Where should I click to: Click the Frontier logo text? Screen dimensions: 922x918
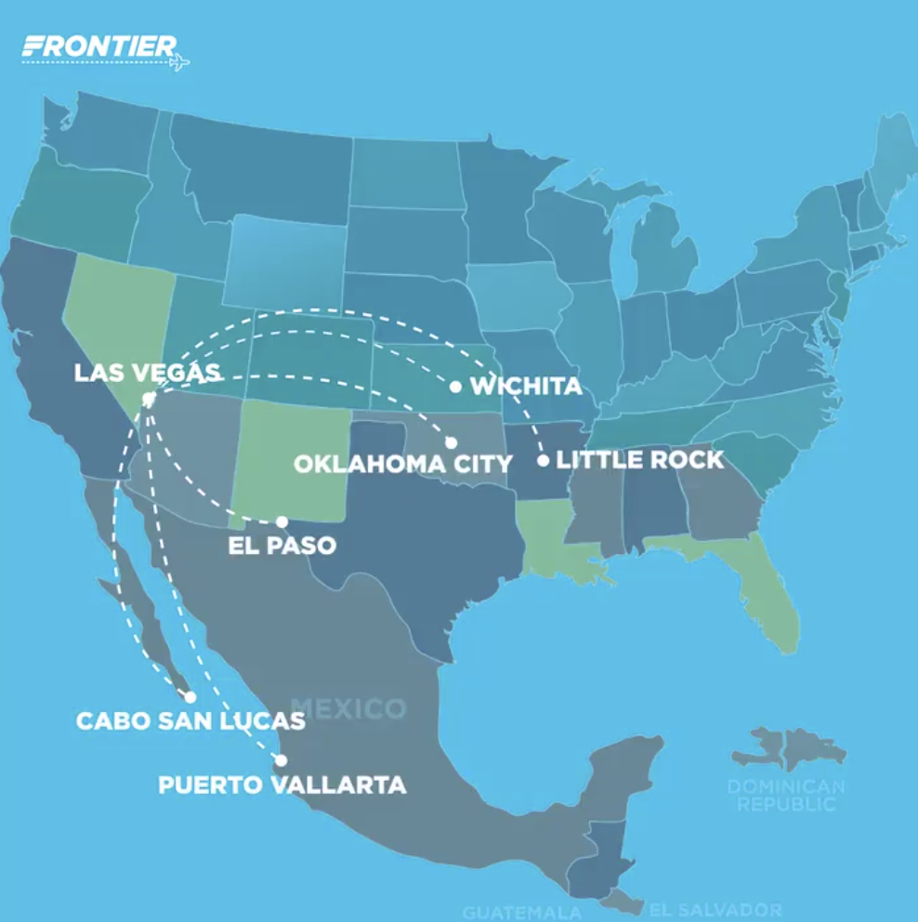pos(98,46)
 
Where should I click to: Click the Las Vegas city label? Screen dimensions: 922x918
pos(147,373)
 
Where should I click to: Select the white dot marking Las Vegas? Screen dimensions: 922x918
pos(148,400)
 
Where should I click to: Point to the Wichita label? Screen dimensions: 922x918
pos(527,386)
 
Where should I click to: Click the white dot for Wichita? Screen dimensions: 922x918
pos(455,387)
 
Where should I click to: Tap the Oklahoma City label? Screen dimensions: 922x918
pos(402,464)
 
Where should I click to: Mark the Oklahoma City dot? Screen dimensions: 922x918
pos(451,442)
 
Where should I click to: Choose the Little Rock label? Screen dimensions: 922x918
pos(639,460)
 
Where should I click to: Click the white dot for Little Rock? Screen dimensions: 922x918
pos(544,460)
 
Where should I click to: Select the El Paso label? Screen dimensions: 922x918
pos(282,545)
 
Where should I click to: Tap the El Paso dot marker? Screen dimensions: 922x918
pos(282,521)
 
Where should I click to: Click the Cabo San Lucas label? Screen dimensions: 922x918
pos(190,720)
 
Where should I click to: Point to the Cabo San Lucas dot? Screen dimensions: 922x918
pos(190,696)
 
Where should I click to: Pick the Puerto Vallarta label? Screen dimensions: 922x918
pos(282,784)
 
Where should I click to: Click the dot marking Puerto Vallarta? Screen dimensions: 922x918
pos(281,760)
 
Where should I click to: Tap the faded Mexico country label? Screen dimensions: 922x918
pos(348,709)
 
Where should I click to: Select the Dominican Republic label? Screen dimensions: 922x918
pos(786,796)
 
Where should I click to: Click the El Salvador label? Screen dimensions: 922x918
pos(715,909)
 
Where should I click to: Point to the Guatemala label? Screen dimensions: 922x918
pos(521,913)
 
